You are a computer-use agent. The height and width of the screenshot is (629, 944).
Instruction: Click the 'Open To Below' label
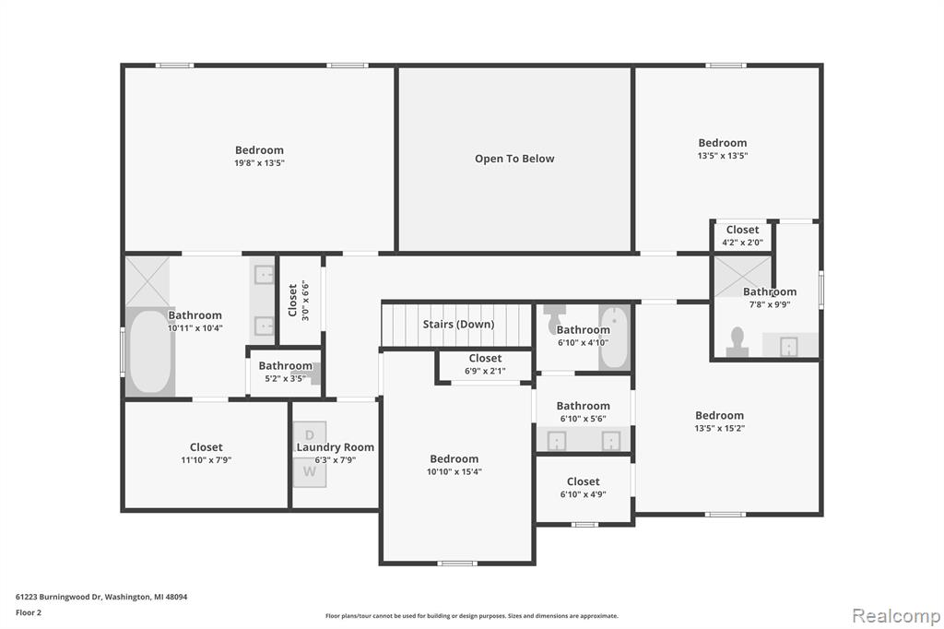[x=514, y=159]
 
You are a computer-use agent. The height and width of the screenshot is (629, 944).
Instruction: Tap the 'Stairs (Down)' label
[x=458, y=324]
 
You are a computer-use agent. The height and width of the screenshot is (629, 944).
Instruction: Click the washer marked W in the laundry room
[x=310, y=472]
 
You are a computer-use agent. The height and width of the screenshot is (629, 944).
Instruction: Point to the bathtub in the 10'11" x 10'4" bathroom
[x=150, y=352]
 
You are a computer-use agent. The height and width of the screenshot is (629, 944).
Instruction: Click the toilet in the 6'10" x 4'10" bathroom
[x=554, y=319]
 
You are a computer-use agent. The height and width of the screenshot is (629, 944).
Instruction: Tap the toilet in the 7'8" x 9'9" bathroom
[x=737, y=342]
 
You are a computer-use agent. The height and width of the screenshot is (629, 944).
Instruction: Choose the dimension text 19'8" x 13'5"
[x=259, y=162]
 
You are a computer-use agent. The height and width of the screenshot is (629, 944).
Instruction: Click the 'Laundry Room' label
[x=335, y=447]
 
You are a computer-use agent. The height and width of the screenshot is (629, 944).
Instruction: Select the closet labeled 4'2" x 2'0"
[x=742, y=236]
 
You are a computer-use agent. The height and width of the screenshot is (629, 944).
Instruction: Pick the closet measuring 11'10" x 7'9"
[x=206, y=455]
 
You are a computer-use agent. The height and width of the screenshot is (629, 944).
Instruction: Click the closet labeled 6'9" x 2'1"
[x=485, y=365]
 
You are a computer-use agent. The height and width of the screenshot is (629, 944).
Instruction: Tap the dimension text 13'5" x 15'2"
[x=719, y=428]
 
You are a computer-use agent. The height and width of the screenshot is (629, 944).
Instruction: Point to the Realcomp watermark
[x=896, y=616]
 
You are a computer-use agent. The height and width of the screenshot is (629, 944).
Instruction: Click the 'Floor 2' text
[x=29, y=612]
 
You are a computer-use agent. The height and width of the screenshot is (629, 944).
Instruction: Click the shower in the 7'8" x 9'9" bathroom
[x=742, y=277]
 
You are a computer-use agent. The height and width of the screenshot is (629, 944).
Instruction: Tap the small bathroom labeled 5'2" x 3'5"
[x=285, y=373]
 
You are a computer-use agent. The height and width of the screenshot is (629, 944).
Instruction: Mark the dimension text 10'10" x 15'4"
[x=454, y=472]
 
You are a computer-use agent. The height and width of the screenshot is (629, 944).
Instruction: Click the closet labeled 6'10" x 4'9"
[x=583, y=488]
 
